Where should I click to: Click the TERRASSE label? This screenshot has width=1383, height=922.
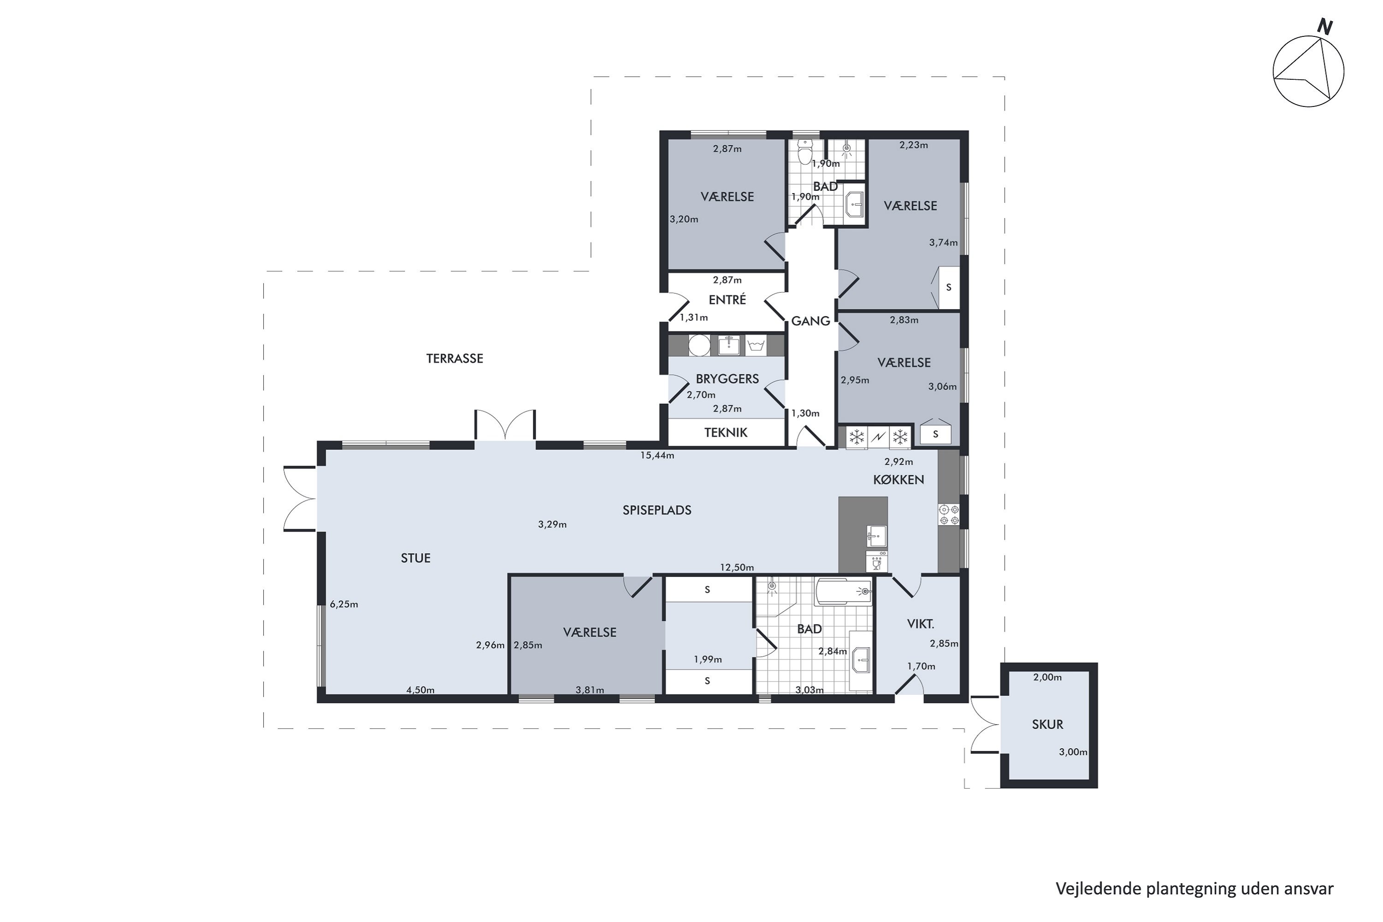click(x=455, y=359)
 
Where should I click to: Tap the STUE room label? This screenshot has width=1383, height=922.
click(x=416, y=558)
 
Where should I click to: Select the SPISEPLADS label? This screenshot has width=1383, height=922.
click(x=657, y=510)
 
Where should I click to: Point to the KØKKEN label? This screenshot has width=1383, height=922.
click(x=898, y=480)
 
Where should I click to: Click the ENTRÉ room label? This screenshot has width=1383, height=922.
click(x=727, y=300)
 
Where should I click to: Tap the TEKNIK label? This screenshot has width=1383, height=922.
click(x=726, y=433)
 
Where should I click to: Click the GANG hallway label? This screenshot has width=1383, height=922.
click(x=810, y=321)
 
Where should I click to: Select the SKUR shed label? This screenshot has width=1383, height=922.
click(x=1048, y=724)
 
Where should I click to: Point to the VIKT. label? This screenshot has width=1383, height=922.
click(x=921, y=624)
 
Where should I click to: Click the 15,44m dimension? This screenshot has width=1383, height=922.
click(x=657, y=455)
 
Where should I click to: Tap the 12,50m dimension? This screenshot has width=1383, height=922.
click(x=737, y=567)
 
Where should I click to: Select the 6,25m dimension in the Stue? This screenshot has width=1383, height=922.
click(x=344, y=604)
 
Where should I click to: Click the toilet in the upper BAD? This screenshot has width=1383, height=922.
click(x=805, y=151)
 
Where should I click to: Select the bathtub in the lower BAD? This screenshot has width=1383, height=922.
click(x=843, y=591)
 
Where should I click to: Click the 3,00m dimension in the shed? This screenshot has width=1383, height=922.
click(x=1073, y=752)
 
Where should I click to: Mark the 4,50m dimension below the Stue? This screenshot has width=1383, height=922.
click(x=420, y=690)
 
